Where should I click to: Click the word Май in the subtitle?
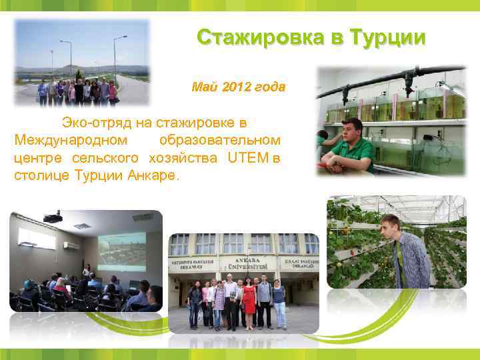click(203, 87)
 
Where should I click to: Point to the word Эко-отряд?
click(93, 123)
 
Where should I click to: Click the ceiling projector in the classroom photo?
click(53, 217)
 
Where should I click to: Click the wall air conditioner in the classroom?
click(71, 245)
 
